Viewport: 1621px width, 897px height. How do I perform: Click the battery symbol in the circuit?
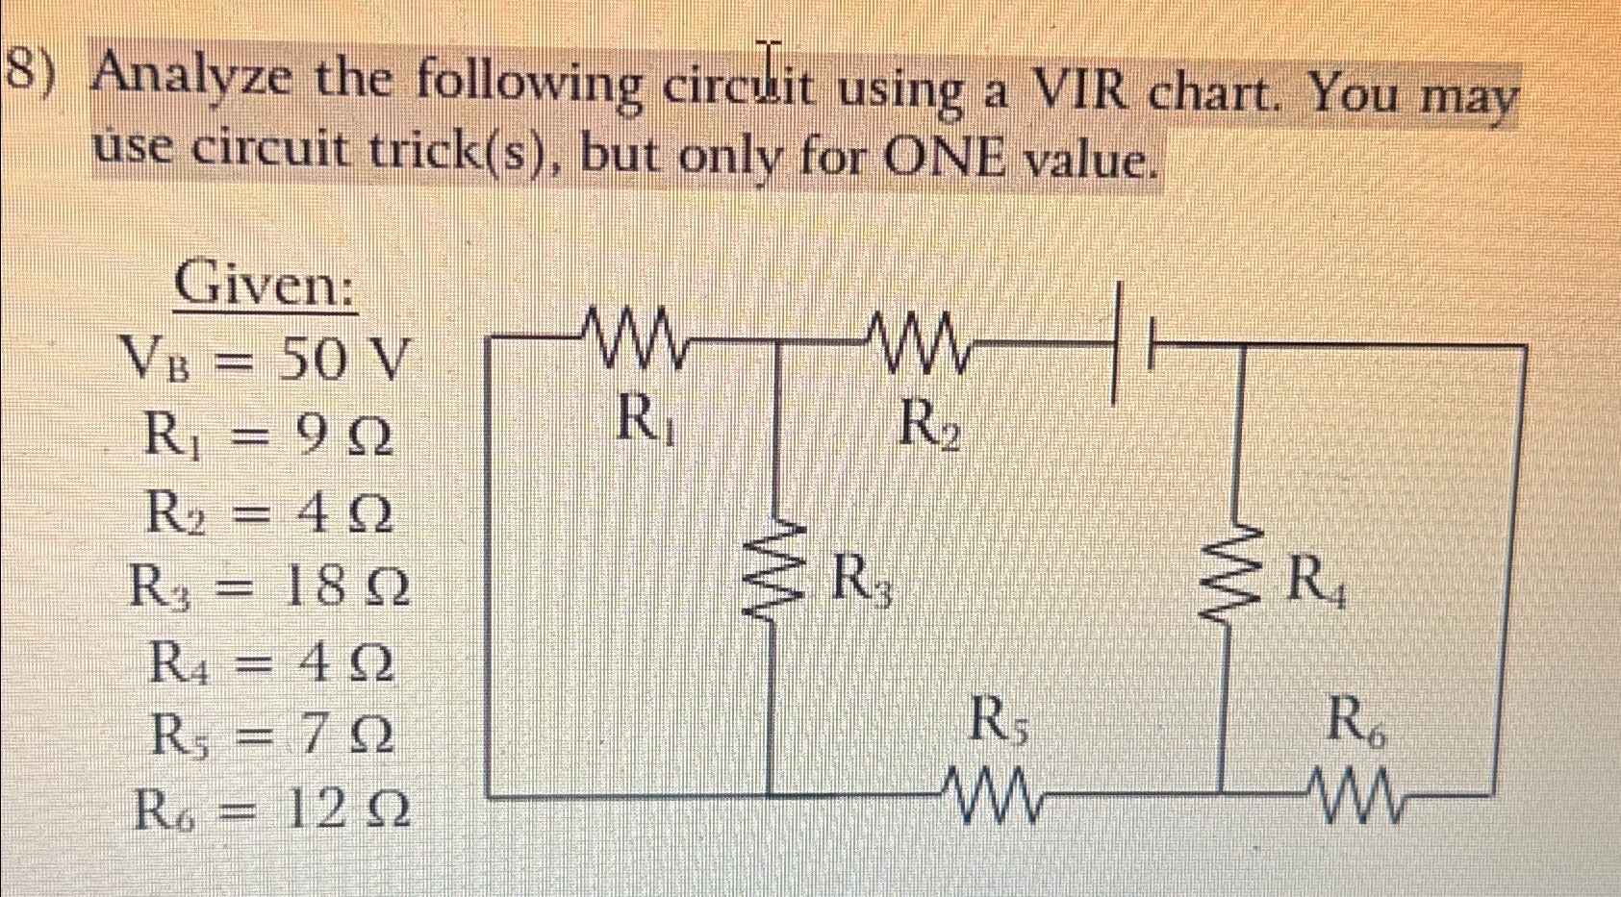1134,341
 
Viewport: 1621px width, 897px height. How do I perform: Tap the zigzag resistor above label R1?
634,338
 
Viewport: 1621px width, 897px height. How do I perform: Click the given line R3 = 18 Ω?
269,587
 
